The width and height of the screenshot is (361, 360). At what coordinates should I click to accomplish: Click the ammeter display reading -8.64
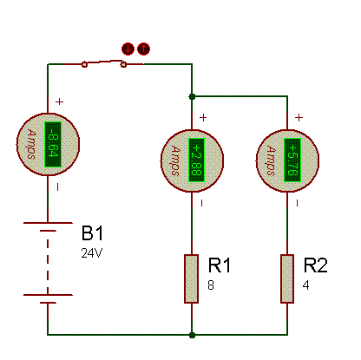click(53, 145)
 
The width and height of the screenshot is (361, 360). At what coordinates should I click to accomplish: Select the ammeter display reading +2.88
click(197, 160)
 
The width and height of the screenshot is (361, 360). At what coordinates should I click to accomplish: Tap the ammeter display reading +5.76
click(292, 160)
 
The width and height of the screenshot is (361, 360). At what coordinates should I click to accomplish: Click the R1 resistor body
click(192, 278)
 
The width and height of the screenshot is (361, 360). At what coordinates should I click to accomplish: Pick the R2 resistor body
click(287, 278)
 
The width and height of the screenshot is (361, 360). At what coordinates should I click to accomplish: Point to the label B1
click(92, 233)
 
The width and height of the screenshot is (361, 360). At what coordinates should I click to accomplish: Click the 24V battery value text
click(92, 253)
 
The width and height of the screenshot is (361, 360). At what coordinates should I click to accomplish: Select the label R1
click(220, 265)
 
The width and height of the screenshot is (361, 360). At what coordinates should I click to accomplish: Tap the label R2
click(316, 265)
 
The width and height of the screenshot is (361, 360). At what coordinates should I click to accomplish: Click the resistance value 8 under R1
click(211, 285)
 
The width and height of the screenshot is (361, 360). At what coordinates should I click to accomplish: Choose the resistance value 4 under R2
click(305, 285)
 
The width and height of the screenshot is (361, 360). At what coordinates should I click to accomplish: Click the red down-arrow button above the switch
click(128, 49)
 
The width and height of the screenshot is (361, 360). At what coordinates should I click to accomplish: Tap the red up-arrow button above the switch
click(143, 49)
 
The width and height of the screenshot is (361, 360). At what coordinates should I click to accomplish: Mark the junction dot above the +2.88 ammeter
click(192, 96)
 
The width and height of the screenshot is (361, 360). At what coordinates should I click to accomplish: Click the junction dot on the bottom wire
click(192, 335)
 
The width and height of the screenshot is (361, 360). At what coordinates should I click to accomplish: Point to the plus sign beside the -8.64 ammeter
click(59, 101)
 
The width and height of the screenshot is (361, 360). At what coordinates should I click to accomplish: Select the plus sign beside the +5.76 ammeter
click(299, 118)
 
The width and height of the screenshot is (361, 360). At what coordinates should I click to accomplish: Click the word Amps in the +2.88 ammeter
click(175, 160)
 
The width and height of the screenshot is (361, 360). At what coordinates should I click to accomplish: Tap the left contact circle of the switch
click(84, 64)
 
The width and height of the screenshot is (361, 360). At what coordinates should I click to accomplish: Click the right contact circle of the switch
click(123, 64)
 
